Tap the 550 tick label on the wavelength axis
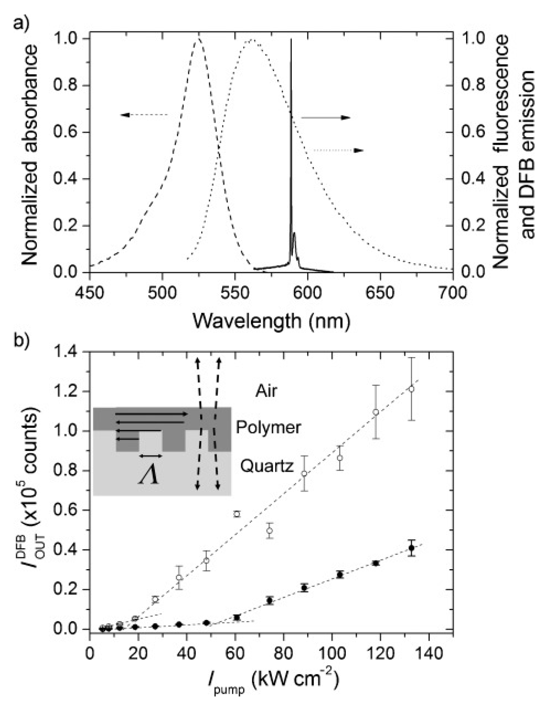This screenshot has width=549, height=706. click(x=235, y=293)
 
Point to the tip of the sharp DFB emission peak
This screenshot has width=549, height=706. click(x=291, y=39)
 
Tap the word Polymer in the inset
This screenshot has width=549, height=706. click(x=268, y=428)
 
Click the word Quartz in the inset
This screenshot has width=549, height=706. click(x=267, y=467)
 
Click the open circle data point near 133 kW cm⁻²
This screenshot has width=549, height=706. click(x=412, y=389)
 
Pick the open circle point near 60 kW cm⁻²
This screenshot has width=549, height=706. click(x=237, y=514)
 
